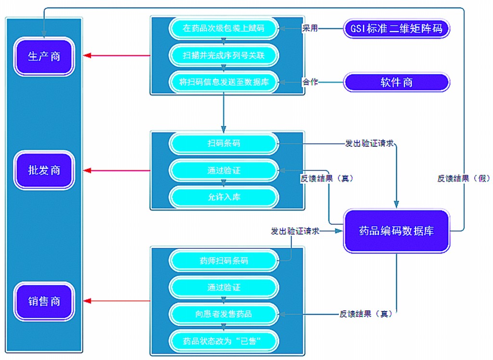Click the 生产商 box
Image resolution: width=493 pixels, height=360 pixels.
(44, 56)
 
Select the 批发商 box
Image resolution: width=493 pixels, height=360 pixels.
(44, 170)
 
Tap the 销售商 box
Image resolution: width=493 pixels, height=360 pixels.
(44, 301)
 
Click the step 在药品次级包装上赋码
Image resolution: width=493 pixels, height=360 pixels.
(223, 28)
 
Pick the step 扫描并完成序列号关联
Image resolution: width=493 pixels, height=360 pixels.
(223, 55)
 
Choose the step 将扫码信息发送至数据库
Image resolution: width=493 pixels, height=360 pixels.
(223, 82)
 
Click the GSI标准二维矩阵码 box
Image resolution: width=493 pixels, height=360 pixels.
(397, 28)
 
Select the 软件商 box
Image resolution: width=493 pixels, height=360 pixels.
(397, 82)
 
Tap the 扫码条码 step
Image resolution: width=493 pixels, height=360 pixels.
(223, 143)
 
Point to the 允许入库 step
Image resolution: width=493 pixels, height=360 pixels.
(223, 197)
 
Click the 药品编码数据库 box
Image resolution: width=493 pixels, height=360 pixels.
(396, 231)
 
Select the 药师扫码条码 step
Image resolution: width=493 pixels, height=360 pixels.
(223, 261)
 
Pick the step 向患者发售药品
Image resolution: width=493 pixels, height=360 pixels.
(223, 314)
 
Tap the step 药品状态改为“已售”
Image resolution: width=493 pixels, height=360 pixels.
(223, 341)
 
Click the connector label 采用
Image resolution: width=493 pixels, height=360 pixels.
(310, 28)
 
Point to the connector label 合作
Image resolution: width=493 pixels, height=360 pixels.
(310, 82)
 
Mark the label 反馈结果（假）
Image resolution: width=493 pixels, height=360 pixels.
(463, 178)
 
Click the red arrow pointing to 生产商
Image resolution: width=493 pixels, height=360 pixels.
(116, 56)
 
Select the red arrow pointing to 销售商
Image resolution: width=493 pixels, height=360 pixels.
(116, 301)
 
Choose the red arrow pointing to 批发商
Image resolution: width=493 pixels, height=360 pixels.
(116, 170)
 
